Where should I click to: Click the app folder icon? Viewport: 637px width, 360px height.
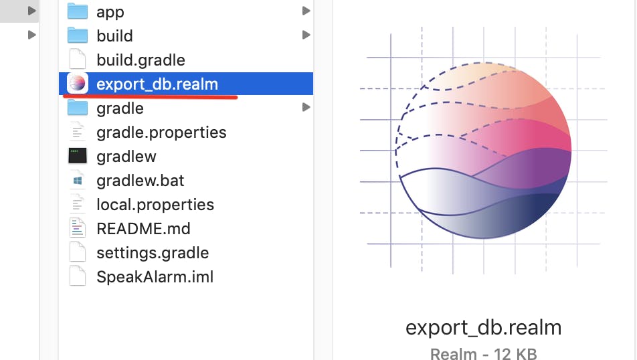pyautogui.click(x=78, y=11)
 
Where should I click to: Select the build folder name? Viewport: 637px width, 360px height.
pyautogui.click(x=114, y=35)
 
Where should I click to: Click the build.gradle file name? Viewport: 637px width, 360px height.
pyautogui.click(x=141, y=60)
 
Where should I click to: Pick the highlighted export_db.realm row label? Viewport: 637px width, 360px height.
pyautogui.click(x=157, y=84)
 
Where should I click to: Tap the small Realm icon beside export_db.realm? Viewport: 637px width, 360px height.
pyautogui.click(x=78, y=84)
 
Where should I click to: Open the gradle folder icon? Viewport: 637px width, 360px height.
pyautogui.click(x=78, y=108)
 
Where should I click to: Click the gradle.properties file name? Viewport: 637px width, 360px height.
pyautogui.click(x=161, y=132)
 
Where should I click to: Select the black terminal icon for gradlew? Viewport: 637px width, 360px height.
pyautogui.click(x=78, y=156)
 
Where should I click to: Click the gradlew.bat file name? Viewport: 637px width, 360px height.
pyautogui.click(x=140, y=180)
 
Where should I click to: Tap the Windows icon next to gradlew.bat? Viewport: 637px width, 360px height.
pyautogui.click(x=78, y=180)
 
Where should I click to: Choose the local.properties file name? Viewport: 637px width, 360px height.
pyautogui.click(x=155, y=204)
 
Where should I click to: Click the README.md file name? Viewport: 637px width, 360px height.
pyautogui.click(x=143, y=228)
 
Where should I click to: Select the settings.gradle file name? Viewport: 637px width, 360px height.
pyautogui.click(x=153, y=252)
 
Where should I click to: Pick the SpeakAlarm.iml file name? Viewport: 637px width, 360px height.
pyautogui.click(x=155, y=276)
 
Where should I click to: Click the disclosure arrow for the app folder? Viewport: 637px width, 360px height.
pyautogui.click(x=306, y=11)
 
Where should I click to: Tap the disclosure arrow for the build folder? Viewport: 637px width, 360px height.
pyautogui.click(x=306, y=35)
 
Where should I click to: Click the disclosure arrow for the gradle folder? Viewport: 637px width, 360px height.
pyautogui.click(x=306, y=107)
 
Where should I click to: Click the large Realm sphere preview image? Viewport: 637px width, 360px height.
pyautogui.click(x=483, y=151)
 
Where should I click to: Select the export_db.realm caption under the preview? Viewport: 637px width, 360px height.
pyautogui.click(x=483, y=328)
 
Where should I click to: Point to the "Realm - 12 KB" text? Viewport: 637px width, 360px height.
pyautogui.click(x=483, y=353)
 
